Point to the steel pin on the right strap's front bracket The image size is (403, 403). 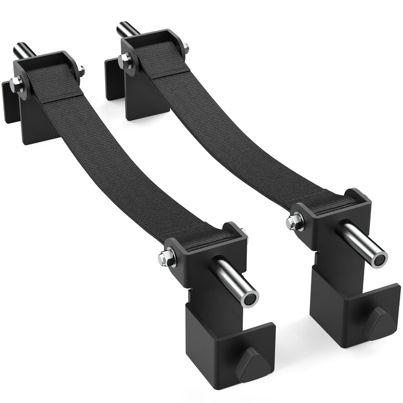coord(364,245)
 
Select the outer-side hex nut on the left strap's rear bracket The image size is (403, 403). coord(17,85)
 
